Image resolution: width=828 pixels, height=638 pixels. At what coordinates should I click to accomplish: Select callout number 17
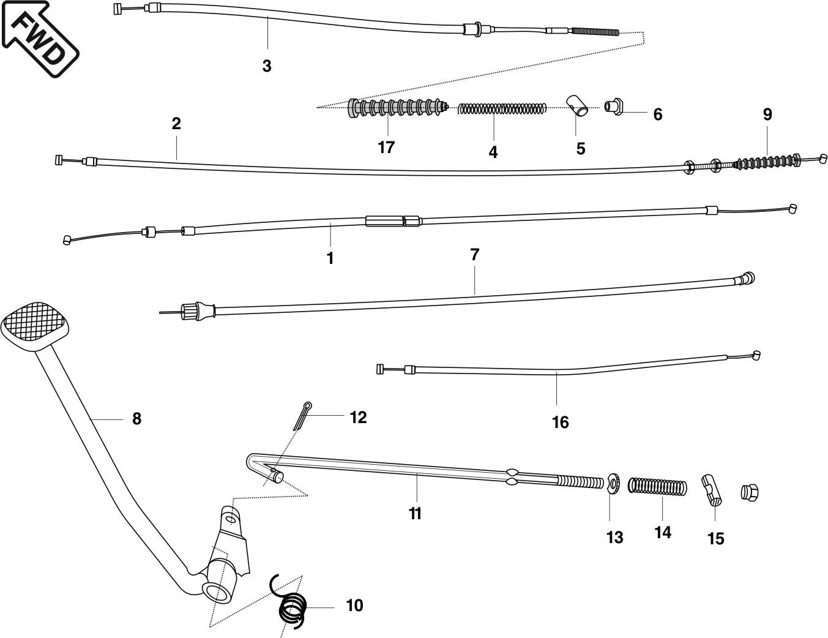tap(386, 148)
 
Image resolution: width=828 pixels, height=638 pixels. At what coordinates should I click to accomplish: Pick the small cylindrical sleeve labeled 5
tap(577, 105)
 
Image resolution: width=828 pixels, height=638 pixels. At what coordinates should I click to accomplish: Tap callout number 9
tap(767, 114)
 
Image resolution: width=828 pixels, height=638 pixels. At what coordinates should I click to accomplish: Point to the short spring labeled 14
tap(658, 487)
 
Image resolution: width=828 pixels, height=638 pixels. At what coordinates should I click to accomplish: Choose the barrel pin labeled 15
tap(712, 489)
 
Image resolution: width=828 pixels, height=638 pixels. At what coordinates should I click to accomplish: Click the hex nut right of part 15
tap(750, 491)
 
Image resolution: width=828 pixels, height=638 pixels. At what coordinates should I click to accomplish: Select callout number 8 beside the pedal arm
tap(136, 419)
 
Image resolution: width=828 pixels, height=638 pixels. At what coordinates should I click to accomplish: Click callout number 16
tap(560, 422)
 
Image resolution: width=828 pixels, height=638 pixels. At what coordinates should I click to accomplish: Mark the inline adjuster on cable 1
tap(393, 220)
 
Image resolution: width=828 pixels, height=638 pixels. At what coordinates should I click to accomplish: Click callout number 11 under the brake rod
tap(416, 513)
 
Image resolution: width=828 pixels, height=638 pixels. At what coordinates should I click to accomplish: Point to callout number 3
tap(266, 66)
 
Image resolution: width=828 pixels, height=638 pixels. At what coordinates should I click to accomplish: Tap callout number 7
tap(474, 255)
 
